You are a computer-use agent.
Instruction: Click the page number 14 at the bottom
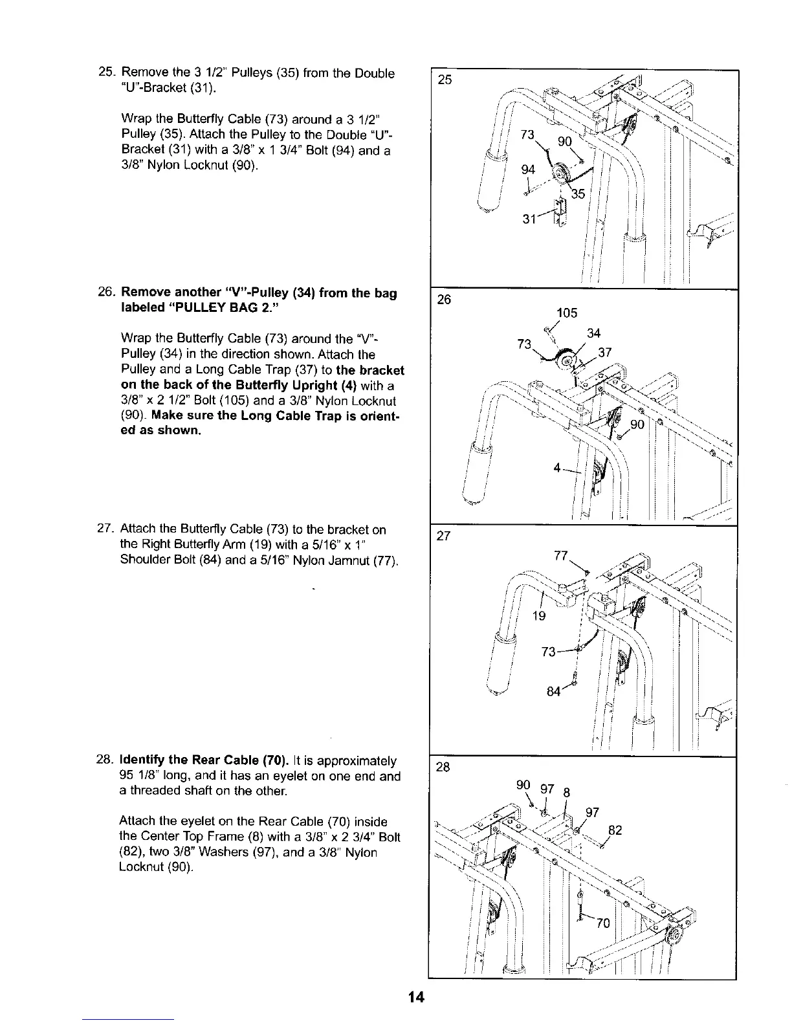click(416, 997)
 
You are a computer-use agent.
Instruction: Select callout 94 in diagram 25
click(529, 170)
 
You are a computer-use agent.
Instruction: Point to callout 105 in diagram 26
click(567, 314)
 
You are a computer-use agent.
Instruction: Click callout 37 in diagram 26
click(605, 353)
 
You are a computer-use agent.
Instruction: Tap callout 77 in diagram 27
click(562, 556)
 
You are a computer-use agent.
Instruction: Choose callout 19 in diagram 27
click(538, 615)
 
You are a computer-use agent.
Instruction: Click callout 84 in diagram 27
click(553, 692)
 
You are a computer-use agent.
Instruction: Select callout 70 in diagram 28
click(603, 923)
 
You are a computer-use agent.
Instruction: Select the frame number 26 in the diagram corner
click(445, 300)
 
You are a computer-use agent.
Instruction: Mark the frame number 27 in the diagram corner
click(445, 536)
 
